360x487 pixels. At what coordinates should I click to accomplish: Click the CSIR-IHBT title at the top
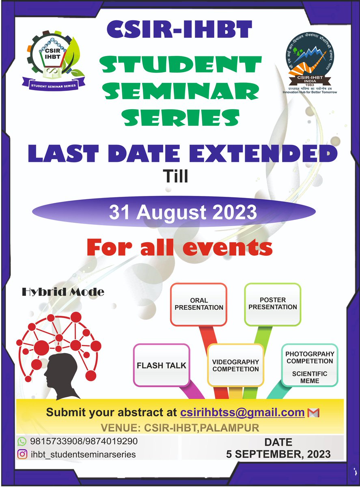[180, 31]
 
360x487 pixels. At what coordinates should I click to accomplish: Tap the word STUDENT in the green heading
[180, 65]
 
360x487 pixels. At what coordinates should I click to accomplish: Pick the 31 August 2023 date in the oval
[183, 213]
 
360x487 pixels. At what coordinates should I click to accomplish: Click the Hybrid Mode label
[63, 291]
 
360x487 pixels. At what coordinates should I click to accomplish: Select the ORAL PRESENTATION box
[199, 304]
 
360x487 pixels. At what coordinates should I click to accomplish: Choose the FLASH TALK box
[162, 365]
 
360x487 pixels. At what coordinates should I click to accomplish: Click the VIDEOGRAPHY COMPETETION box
[236, 365]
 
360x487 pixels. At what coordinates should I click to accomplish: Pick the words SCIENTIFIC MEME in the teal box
[309, 377]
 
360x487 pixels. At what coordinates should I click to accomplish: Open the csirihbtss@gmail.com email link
[242, 412]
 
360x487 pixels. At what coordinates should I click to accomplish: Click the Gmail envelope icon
[314, 413]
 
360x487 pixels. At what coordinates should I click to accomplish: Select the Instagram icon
[22, 454]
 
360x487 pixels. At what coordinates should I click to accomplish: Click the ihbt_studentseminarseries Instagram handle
[83, 455]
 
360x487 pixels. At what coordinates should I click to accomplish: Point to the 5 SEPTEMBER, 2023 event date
[278, 454]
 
